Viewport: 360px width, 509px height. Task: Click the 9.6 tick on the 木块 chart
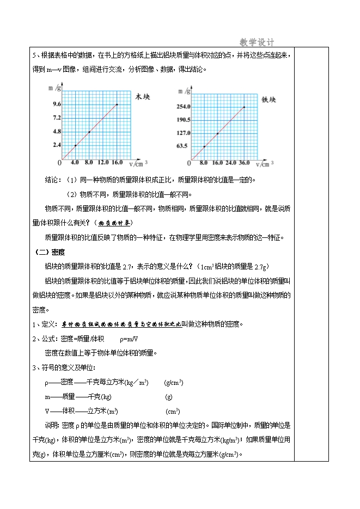click(x=57, y=104)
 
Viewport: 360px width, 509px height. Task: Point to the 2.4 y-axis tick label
click(x=57, y=145)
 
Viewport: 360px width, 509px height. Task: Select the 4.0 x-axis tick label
click(x=75, y=162)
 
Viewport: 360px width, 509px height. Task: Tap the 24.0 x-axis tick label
click(x=231, y=162)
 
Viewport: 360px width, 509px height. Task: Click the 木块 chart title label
click(x=142, y=96)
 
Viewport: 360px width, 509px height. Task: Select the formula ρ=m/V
click(x=129, y=338)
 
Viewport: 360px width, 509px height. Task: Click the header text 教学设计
click(x=257, y=42)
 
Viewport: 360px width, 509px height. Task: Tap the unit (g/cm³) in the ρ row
click(x=173, y=382)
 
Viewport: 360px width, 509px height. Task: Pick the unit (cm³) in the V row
click(x=173, y=411)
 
